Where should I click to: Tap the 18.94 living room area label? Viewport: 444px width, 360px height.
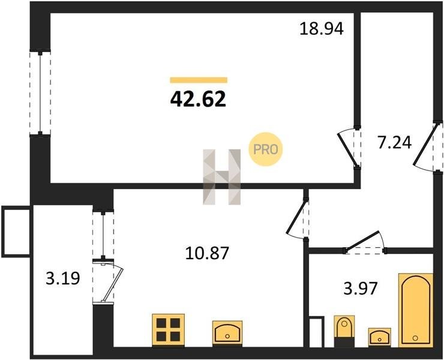(x=322, y=29)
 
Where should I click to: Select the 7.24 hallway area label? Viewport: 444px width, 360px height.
(x=394, y=142)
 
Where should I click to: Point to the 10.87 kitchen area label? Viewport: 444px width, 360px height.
(x=207, y=253)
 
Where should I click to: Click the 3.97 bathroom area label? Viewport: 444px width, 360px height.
(x=361, y=289)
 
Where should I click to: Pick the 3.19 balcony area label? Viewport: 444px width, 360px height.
(x=63, y=278)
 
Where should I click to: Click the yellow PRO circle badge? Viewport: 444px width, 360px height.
(x=265, y=149)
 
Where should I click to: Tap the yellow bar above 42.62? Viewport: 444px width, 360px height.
(x=199, y=80)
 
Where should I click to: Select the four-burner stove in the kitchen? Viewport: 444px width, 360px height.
(x=169, y=329)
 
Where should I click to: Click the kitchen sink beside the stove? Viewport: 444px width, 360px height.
(x=227, y=334)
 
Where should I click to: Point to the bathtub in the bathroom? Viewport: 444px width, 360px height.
(x=416, y=310)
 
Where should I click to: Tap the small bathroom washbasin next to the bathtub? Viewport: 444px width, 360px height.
(x=380, y=337)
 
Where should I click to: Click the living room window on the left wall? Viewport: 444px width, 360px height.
(x=40, y=92)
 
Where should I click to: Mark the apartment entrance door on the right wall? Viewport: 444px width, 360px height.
(x=428, y=147)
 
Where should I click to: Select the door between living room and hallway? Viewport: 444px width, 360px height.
(x=349, y=148)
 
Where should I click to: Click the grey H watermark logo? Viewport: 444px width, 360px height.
(x=222, y=177)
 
